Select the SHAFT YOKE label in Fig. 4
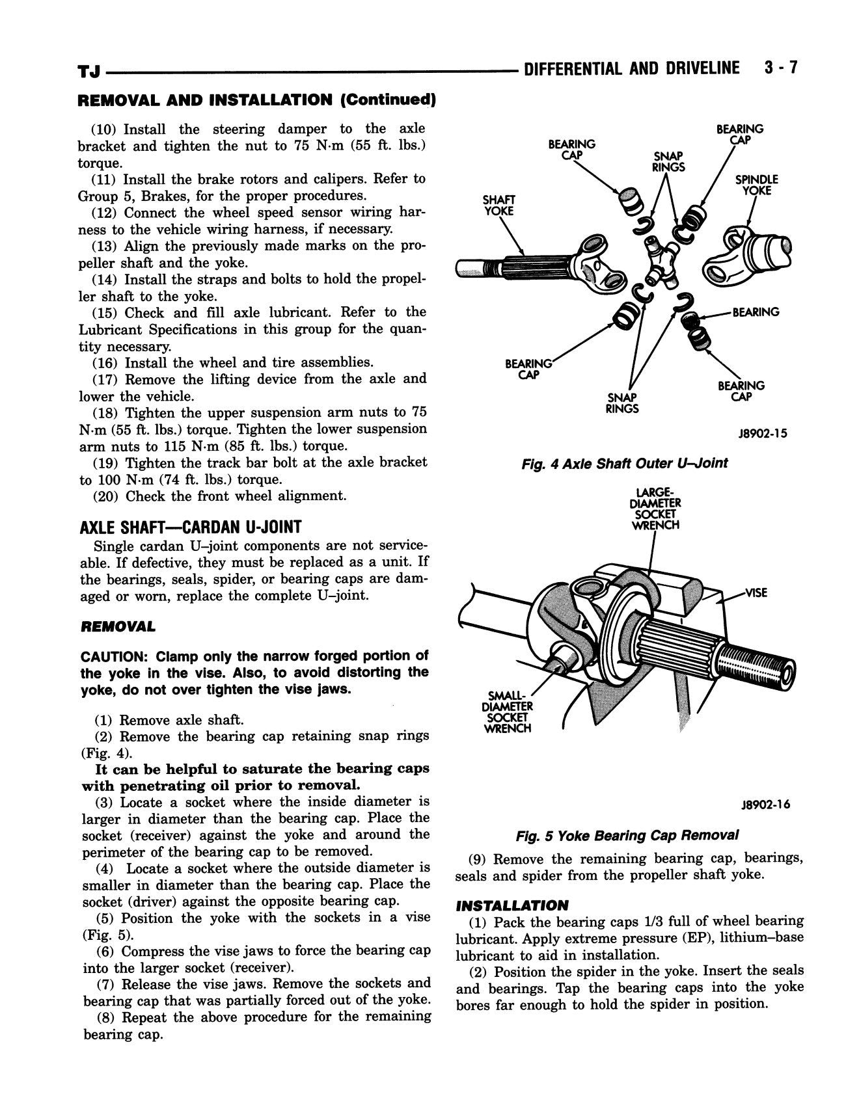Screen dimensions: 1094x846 tap(498, 205)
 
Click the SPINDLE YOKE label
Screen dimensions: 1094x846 tap(756, 185)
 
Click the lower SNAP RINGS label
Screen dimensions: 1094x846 tap(622, 403)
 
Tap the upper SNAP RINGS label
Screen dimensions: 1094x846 tap(668, 161)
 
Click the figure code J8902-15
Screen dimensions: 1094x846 tap(762, 433)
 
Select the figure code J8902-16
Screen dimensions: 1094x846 tap(765, 805)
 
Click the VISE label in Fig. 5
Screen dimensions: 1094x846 tap(756, 593)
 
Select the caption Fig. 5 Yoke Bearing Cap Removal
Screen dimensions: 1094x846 tap(627, 835)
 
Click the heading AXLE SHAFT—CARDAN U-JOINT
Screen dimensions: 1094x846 tap(190, 526)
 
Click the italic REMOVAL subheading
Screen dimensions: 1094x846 tap(117, 627)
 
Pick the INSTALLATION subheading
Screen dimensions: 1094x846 tap(512, 905)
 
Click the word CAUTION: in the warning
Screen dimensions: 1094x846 tap(112, 656)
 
